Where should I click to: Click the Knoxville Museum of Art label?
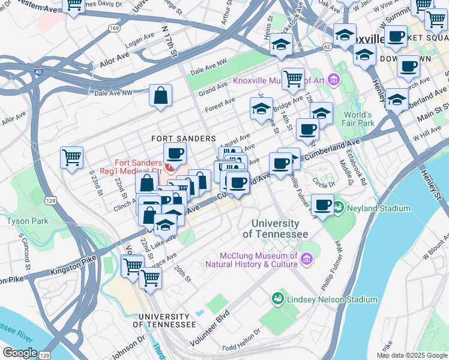[279, 80]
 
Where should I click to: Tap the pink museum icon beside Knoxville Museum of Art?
[333, 80]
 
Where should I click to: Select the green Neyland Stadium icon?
[339, 208]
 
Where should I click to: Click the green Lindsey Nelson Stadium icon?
[277, 299]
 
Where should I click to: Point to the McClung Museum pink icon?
[307, 259]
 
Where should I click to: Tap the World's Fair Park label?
[358, 119]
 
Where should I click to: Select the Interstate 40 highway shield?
[39, 71]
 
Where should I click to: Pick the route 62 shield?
[327, 46]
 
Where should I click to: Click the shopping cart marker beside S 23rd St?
[71, 158]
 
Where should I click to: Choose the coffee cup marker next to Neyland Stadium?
[323, 205]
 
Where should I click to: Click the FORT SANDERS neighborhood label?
[175, 138]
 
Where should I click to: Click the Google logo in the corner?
[20, 352]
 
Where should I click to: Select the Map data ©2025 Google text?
[412, 355]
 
